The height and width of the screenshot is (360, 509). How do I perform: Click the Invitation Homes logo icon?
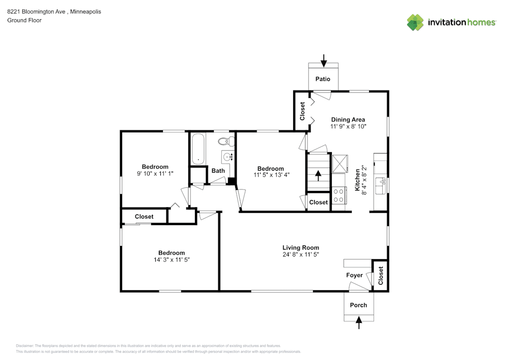[415, 22]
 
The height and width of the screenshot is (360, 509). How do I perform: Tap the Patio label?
[323, 79]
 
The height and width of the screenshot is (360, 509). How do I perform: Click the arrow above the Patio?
[324, 61]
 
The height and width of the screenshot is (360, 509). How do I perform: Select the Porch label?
[358, 305]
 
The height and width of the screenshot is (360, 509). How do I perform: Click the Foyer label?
[354, 275]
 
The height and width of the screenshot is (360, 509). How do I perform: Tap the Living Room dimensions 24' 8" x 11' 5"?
[300, 255]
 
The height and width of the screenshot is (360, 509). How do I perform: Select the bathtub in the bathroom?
[197, 149]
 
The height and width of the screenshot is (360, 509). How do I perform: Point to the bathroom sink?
[228, 156]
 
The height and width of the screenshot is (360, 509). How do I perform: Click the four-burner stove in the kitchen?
[339, 196]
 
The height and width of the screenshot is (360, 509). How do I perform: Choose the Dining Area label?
[348, 120]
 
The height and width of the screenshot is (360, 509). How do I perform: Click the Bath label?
[218, 171]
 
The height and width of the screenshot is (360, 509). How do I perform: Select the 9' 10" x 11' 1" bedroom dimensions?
[155, 174]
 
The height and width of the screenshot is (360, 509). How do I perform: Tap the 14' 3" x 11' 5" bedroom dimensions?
[171, 260]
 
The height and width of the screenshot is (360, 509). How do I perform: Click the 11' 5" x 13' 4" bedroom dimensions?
[270, 176]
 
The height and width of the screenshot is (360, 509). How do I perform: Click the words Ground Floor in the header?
[24, 20]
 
